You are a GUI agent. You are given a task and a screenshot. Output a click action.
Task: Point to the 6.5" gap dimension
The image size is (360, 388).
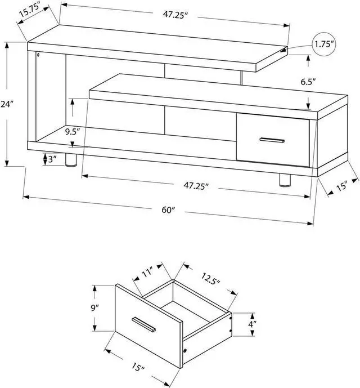tap(308, 82)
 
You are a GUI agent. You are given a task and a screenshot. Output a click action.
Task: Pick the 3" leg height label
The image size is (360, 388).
tap(52, 159)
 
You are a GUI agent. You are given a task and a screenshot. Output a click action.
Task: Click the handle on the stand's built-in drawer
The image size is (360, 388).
tap(272, 140)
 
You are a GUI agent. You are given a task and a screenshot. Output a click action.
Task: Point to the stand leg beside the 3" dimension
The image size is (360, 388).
tap(70, 160)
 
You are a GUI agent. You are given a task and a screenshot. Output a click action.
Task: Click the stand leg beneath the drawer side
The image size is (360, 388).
tap(284, 179)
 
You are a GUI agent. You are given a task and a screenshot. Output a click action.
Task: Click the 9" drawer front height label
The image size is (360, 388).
tap(95, 308)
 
